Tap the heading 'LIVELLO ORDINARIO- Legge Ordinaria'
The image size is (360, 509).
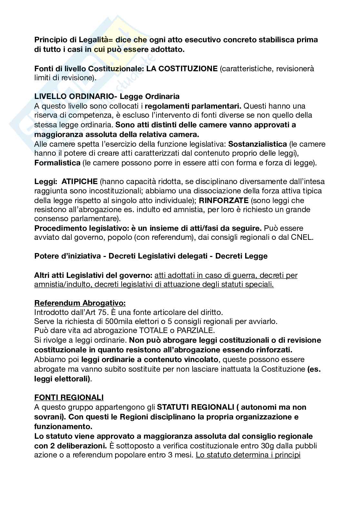(107, 96)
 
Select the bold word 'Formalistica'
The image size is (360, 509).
(57, 163)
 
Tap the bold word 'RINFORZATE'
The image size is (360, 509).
(224, 200)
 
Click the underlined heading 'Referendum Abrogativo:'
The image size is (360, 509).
(80, 303)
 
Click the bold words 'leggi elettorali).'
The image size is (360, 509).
(63, 379)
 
